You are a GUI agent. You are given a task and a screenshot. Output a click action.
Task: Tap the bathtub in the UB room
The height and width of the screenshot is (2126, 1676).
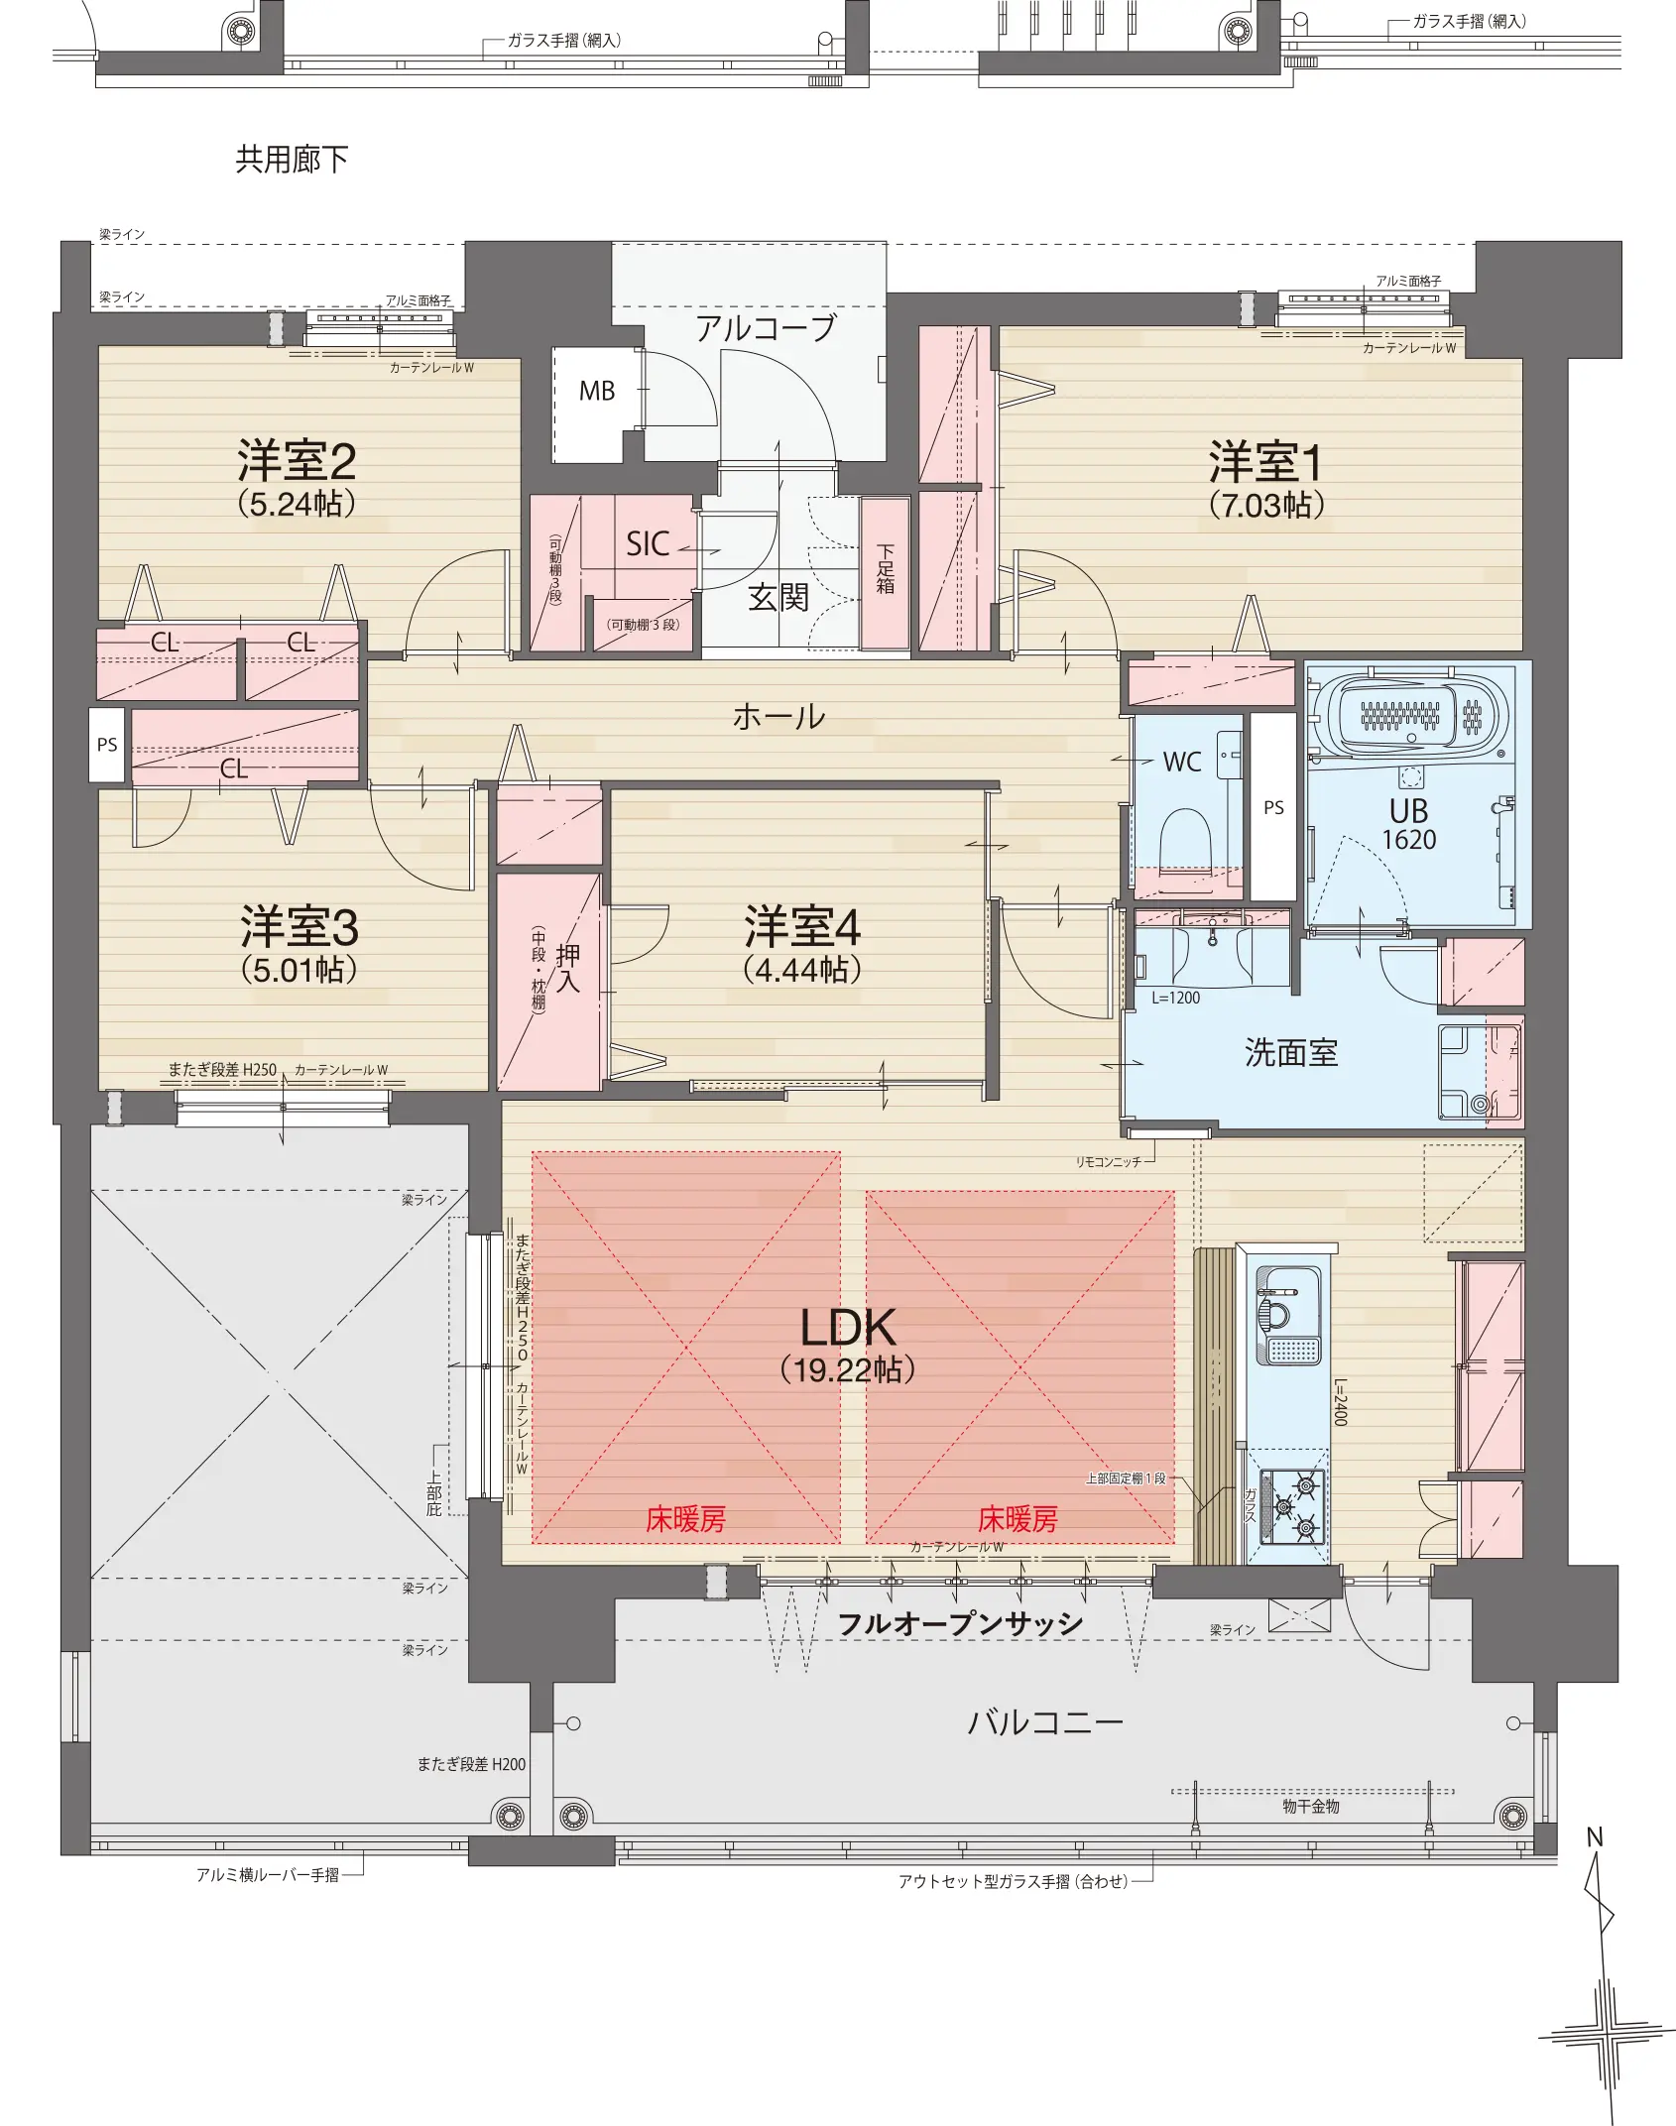point(1409,713)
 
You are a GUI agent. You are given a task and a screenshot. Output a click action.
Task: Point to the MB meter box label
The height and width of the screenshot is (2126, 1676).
point(597,392)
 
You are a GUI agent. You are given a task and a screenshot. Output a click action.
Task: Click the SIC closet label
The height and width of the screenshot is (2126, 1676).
point(648,543)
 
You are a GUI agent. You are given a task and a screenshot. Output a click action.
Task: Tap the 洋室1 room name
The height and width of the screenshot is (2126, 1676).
point(1265,462)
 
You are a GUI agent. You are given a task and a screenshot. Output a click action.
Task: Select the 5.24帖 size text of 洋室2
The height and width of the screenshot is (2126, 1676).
point(297,504)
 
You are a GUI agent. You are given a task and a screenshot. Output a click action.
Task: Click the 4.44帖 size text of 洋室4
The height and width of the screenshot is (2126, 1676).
point(802,970)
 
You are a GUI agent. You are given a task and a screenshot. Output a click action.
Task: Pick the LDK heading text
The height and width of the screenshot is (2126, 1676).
point(848,1327)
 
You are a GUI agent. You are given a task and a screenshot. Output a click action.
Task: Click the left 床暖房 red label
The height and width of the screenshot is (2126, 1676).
point(685,1519)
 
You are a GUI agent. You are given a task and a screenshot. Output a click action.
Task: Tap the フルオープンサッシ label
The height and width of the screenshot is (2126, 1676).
point(960,1624)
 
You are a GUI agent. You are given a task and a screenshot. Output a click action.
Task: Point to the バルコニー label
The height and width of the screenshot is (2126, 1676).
point(1045,1722)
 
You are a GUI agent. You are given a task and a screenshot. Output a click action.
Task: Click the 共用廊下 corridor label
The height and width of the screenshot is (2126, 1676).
point(292,160)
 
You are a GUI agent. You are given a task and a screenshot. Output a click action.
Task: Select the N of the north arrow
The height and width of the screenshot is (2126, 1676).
point(1595,1837)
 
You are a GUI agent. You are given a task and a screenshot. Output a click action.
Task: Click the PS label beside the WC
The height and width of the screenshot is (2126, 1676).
point(1273,808)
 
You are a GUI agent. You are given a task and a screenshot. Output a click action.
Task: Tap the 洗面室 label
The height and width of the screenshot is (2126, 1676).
point(1291,1052)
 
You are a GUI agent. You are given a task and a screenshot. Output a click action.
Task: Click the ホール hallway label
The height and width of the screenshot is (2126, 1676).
point(778,716)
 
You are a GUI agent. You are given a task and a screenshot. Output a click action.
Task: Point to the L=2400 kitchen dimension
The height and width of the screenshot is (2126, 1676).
point(1340,1402)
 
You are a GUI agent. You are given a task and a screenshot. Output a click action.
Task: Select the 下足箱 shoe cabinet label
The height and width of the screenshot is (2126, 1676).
point(885,569)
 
